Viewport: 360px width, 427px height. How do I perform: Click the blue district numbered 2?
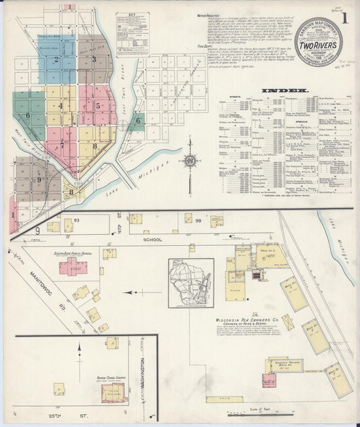click(57, 59)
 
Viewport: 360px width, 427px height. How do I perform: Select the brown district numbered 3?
click(94, 59)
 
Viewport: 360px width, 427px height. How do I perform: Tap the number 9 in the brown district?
click(39, 180)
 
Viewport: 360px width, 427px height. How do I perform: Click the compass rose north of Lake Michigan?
click(190, 161)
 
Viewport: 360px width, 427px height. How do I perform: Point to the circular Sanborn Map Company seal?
click(318, 41)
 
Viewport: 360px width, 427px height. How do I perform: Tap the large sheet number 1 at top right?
click(346, 14)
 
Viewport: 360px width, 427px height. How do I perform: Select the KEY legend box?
click(132, 34)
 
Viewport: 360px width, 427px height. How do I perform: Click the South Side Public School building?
click(72, 266)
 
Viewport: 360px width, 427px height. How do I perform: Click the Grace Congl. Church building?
click(114, 391)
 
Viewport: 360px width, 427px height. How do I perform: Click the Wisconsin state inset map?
click(191, 283)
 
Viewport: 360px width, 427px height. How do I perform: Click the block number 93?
click(77, 220)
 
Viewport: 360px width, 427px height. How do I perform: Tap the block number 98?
click(199, 220)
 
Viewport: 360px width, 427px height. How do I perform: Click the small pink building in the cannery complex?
click(269, 380)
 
